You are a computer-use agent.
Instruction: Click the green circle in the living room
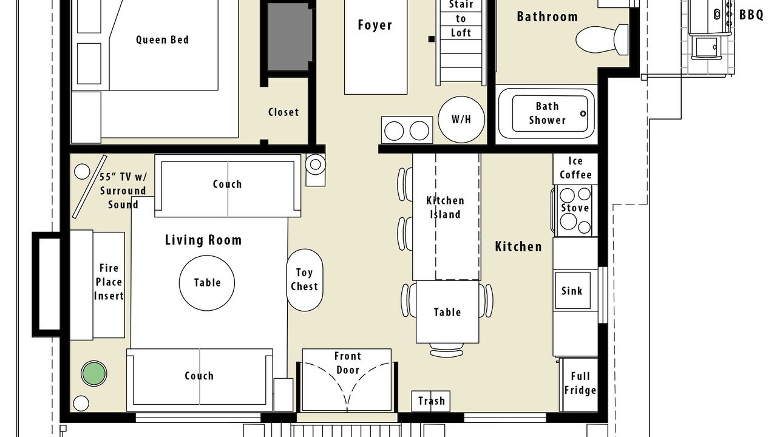click(94, 373)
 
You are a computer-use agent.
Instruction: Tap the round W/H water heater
click(461, 120)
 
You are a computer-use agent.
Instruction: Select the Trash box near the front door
click(431, 401)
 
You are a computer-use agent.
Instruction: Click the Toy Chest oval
click(305, 280)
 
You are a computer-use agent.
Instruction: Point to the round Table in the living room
click(207, 283)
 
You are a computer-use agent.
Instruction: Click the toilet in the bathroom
click(602, 39)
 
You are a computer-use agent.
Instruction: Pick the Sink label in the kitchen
click(572, 291)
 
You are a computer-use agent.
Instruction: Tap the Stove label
click(575, 208)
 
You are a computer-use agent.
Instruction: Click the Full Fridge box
click(580, 384)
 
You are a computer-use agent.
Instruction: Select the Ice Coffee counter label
click(575, 168)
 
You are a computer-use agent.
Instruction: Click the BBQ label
click(752, 15)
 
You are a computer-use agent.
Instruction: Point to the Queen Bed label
click(162, 40)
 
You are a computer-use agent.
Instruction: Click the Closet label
click(283, 112)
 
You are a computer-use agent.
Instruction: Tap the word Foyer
click(375, 25)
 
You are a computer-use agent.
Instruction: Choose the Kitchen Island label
click(445, 208)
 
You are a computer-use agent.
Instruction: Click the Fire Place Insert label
click(109, 282)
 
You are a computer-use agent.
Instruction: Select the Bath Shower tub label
click(547, 113)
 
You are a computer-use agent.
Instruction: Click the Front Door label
click(348, 363)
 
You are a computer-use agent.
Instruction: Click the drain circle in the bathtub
click(583, 113)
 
